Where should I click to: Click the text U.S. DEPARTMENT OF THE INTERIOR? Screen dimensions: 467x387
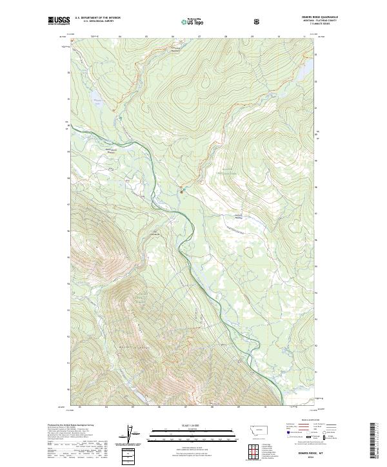coord(97,18)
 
